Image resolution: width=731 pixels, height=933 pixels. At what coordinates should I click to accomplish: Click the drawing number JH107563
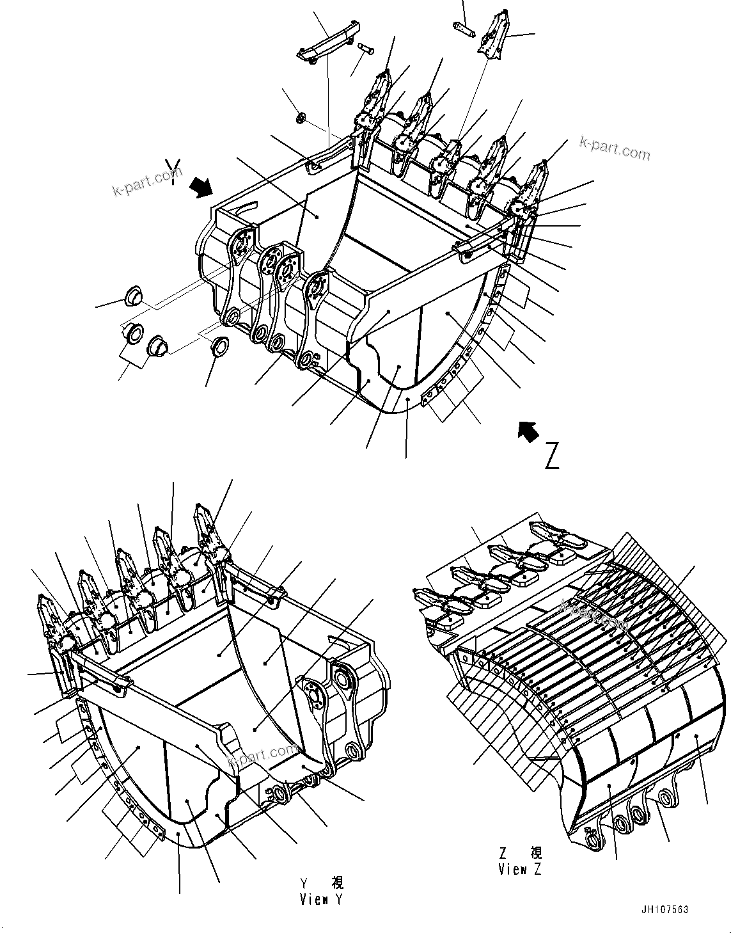point(663,909)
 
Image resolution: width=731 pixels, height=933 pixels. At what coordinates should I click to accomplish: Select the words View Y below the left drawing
point(322,899)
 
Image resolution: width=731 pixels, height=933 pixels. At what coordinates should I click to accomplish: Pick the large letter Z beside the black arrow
point(552,455)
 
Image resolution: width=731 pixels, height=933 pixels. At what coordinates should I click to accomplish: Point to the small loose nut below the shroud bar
point(302,118)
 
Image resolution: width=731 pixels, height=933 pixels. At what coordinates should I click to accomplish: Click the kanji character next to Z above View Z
point(535,853)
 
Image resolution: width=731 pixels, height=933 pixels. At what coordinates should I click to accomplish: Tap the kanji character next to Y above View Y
point(337,882)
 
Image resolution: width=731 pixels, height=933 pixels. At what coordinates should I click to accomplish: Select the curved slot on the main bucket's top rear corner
point(246,208)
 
